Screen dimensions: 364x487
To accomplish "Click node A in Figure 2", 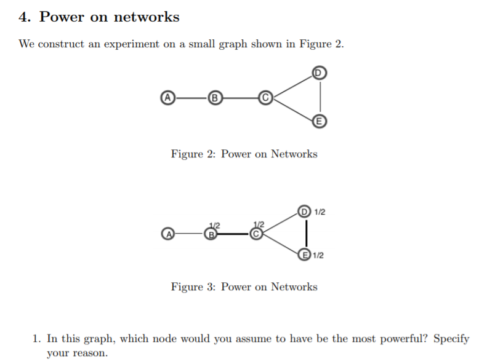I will (166, 97).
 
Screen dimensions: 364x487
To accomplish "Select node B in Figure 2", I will (214, 97).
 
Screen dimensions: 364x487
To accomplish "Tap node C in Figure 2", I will (265, 97).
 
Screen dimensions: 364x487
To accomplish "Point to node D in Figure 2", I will (318, 73).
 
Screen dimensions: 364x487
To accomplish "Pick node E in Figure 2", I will (318, 121).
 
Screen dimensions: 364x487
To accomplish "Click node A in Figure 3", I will (166, 234).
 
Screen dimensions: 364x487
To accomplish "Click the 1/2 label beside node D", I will (320, 212).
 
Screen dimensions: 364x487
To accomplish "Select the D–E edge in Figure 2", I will (320, 97).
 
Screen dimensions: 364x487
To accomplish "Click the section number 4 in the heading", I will (24, 17).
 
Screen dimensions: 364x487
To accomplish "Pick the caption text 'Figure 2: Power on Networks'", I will (244, 154).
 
